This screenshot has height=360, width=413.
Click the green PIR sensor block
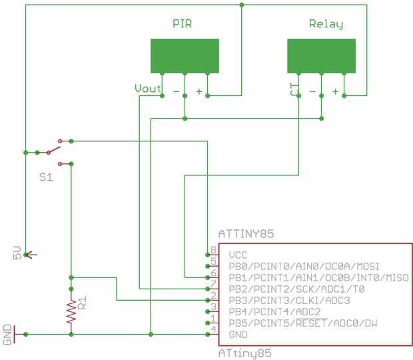185,56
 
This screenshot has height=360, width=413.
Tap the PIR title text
183,24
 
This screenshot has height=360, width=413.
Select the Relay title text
326,25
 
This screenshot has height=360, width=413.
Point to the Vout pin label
147,89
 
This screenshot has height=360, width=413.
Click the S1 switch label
45,178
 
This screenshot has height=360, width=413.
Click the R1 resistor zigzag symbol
70,311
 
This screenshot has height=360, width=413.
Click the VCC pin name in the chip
238,255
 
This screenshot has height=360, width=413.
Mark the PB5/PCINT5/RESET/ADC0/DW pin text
303,323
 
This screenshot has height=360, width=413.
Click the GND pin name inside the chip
238,334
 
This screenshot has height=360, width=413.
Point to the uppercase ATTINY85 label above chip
246,234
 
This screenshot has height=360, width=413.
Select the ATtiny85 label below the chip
244,353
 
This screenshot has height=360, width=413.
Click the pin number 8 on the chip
213,250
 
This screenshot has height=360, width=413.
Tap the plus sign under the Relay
335,91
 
